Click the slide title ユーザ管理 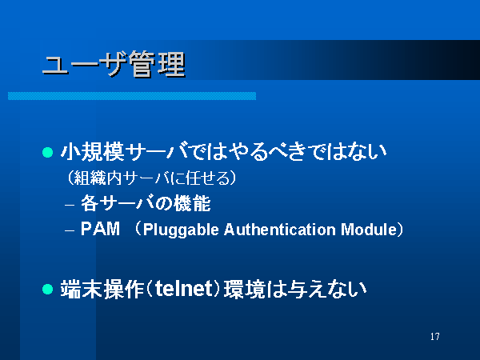(x=114, y=64)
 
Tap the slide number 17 (x=434, y=337)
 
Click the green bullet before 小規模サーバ (x=47, y=152)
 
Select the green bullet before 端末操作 (x=47, y=289)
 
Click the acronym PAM (x=100, y=229)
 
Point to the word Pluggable (x=181, y=230)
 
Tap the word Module (x=369, y=230)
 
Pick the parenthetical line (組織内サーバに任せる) (x=151, y=178)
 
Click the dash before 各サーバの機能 (x=70, y=205)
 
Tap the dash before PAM (x=70, y=230)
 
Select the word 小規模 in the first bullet (x=92, y=151)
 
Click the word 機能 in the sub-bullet (x=193, y=203)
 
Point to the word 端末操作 (x=102, y=289)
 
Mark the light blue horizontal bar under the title (x=132, y=96)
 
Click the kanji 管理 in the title (x=157, y=64)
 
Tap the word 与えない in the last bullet (x=327, y=289)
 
